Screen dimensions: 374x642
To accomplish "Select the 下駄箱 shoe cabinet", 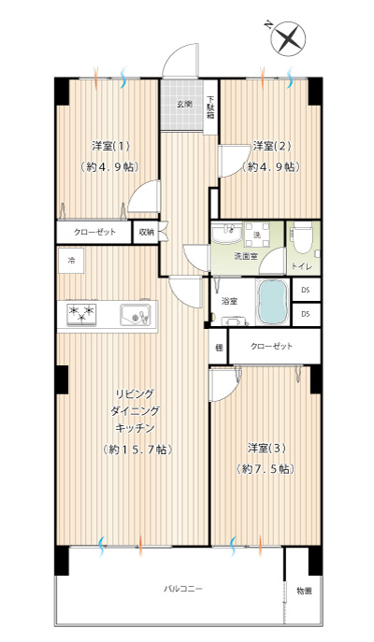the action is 210,107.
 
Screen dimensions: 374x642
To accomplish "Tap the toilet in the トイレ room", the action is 303,238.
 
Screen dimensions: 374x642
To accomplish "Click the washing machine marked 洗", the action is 257,235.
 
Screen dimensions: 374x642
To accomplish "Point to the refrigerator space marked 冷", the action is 71,261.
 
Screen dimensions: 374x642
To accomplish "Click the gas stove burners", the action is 82,314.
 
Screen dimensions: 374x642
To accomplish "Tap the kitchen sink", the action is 136,315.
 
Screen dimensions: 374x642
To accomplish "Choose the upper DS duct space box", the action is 306,290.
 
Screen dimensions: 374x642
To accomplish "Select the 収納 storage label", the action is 146,232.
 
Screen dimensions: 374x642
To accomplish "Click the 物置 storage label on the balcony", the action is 305,591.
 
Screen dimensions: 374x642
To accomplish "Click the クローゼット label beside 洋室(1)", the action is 94,232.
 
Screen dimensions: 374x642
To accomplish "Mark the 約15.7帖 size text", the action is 137,449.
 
